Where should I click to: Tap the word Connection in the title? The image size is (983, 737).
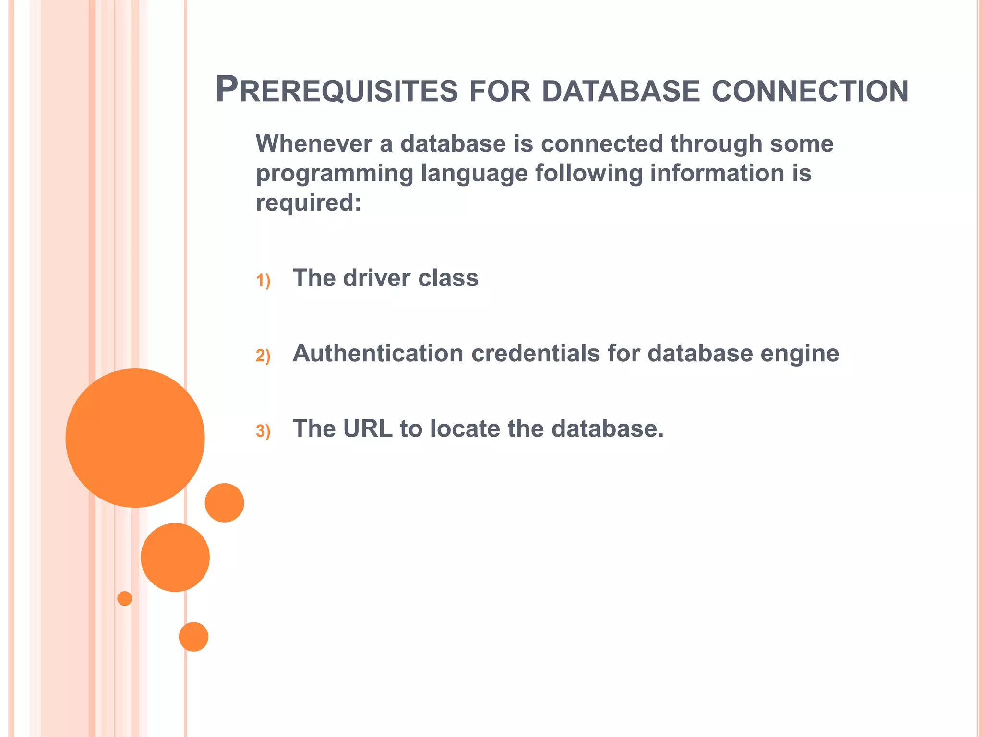(810, 91)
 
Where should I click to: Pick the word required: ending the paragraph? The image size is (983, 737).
(308, 203)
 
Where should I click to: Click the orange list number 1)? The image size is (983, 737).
(263, 280)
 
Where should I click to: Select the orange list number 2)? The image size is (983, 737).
(263, 356)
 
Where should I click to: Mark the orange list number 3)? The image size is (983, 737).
(263, 431)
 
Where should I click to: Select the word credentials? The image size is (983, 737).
(535, 353)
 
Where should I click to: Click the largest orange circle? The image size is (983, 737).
(135, 438)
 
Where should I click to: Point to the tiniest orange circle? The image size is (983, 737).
(125, 598)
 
